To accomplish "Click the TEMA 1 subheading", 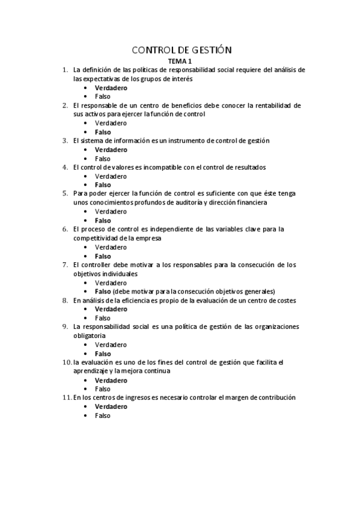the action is (180, 61).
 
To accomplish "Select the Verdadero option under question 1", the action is (111, 88).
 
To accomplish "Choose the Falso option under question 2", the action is (103, 132).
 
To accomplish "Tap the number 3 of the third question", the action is (65, 141).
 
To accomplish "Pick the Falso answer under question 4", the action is (103, 185).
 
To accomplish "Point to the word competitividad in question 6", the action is (95, 238).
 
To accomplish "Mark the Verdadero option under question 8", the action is (111, 309).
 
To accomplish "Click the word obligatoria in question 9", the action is (90, 336).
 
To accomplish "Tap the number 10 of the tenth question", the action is (66, 362).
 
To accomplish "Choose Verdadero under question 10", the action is (111, 380).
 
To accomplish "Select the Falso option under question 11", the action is (103, 416).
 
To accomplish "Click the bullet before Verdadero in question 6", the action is (87, 247).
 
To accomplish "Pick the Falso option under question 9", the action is (103, 354).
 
